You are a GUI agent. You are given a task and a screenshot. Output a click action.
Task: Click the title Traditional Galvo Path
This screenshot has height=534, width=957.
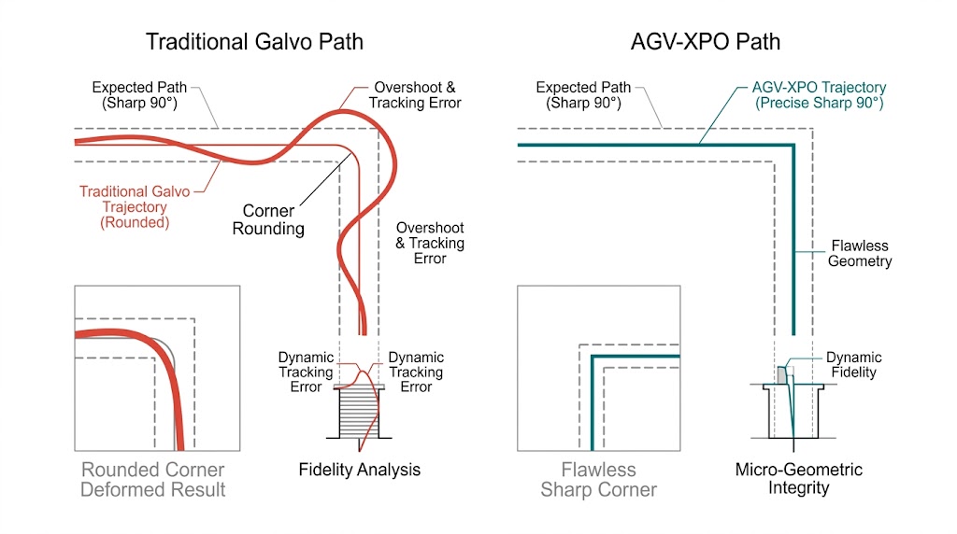click(x=254, y=42)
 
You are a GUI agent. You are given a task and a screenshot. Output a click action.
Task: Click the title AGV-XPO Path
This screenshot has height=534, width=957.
click(x=705, y=42)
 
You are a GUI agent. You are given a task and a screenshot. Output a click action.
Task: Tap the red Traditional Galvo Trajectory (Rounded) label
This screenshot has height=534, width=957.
click(x=134, y=206)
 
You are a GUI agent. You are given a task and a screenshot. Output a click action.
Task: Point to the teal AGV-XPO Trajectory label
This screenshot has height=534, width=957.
click(x=819, y=95)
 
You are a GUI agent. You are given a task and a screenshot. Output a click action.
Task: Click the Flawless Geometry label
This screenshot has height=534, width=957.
click(x=859, y=254)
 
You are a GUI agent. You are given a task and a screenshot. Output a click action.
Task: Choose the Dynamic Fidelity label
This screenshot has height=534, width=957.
click(x=853, y=365)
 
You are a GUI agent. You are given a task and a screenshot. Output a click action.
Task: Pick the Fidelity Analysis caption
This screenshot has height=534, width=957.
click(x=360, y=470)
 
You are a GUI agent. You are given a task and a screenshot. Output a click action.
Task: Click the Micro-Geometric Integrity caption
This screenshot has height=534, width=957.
click(x=799, y=478)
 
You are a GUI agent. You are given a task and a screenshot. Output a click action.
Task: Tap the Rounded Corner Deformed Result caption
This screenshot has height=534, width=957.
click(x=153, y=479)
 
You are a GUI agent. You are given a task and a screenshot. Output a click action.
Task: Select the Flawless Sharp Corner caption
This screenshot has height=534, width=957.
click(x=598, y=479)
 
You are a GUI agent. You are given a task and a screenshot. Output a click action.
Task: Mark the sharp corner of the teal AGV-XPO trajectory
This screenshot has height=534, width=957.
click(x=793, y=145)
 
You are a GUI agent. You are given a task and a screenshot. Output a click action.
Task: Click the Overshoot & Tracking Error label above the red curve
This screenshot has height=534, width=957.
click(x=415, y=95)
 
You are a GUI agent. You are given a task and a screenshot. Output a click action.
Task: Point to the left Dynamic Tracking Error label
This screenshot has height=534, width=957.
click(x=306, y=372)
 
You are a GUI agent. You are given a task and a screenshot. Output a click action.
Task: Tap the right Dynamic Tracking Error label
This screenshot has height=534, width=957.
click(x=416, y=372)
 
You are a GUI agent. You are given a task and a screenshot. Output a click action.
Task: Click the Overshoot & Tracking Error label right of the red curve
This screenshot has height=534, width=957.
click(x=429, y=243)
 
